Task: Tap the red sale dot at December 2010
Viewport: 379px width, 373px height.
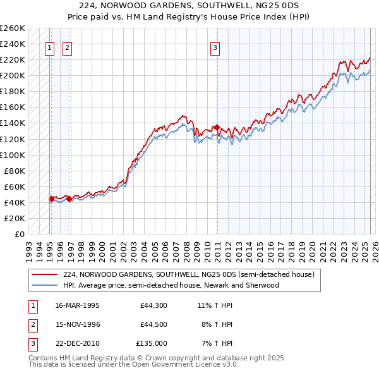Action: (x=217, y=128)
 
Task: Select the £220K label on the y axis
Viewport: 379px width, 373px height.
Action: (x=13, y=59)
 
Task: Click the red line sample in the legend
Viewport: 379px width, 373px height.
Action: (x=45, y=275)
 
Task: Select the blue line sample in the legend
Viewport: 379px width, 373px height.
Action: (x=45, y=285)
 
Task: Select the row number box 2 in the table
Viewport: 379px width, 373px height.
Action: (x=32, y=324)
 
